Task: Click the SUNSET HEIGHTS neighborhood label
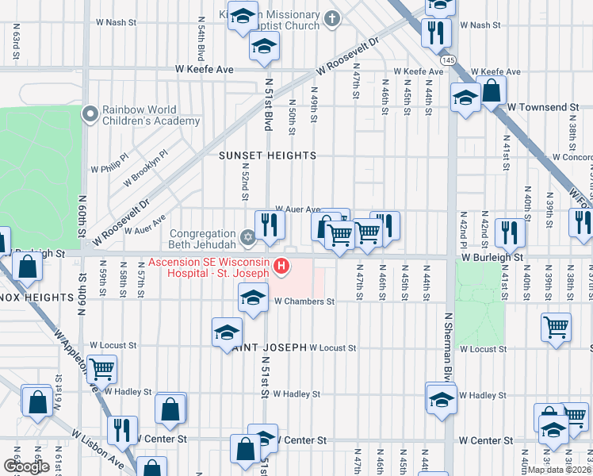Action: tap(267, 155)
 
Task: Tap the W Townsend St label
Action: tap(543, 107)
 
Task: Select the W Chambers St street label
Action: tap(304, 301)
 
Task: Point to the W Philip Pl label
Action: tap(109, 167)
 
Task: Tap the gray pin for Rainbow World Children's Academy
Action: tap(90, 115)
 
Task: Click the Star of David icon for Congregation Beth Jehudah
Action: tap(247, 236)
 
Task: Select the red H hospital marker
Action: tap(281, 268)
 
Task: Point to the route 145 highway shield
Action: tap(449, 59)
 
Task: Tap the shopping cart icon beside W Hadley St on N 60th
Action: tap(102, 367)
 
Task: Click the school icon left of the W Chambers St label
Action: tap(253, 298)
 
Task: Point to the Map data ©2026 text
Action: tap(559, 470)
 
